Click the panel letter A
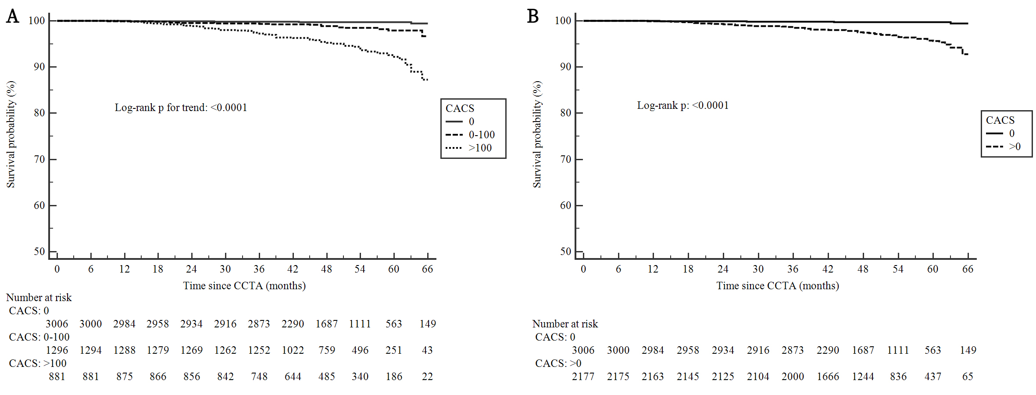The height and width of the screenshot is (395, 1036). pos(13,16)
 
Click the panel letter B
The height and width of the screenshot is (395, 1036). pos(533,16)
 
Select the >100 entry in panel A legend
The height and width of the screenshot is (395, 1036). pos(480,148)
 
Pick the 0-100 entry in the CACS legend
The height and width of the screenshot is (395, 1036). pos(482,135)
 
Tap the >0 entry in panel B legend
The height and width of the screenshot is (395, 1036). pos(1015,147)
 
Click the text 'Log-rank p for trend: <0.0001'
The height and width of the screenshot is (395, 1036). pos(181,108)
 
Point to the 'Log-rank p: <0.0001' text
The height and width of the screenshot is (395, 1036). pos(682,105)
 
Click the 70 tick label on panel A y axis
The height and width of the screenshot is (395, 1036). pos(39,159)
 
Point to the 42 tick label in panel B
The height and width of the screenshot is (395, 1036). pos(828,269)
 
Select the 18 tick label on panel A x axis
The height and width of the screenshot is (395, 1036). pos(158,269)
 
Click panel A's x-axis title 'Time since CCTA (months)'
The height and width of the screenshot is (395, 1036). pos(244,286)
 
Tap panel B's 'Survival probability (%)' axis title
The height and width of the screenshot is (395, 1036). pos(537,134)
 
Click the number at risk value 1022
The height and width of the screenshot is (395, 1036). pos(293,350)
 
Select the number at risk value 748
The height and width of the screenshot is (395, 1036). pos(259,377)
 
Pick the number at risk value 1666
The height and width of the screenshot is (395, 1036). pos(828,377)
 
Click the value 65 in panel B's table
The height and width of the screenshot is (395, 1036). pos(968,377)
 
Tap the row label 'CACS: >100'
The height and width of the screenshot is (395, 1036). pos(38,363)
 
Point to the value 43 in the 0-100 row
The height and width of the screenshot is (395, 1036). pos(427,350)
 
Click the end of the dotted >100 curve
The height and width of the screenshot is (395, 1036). pos(427,79)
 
